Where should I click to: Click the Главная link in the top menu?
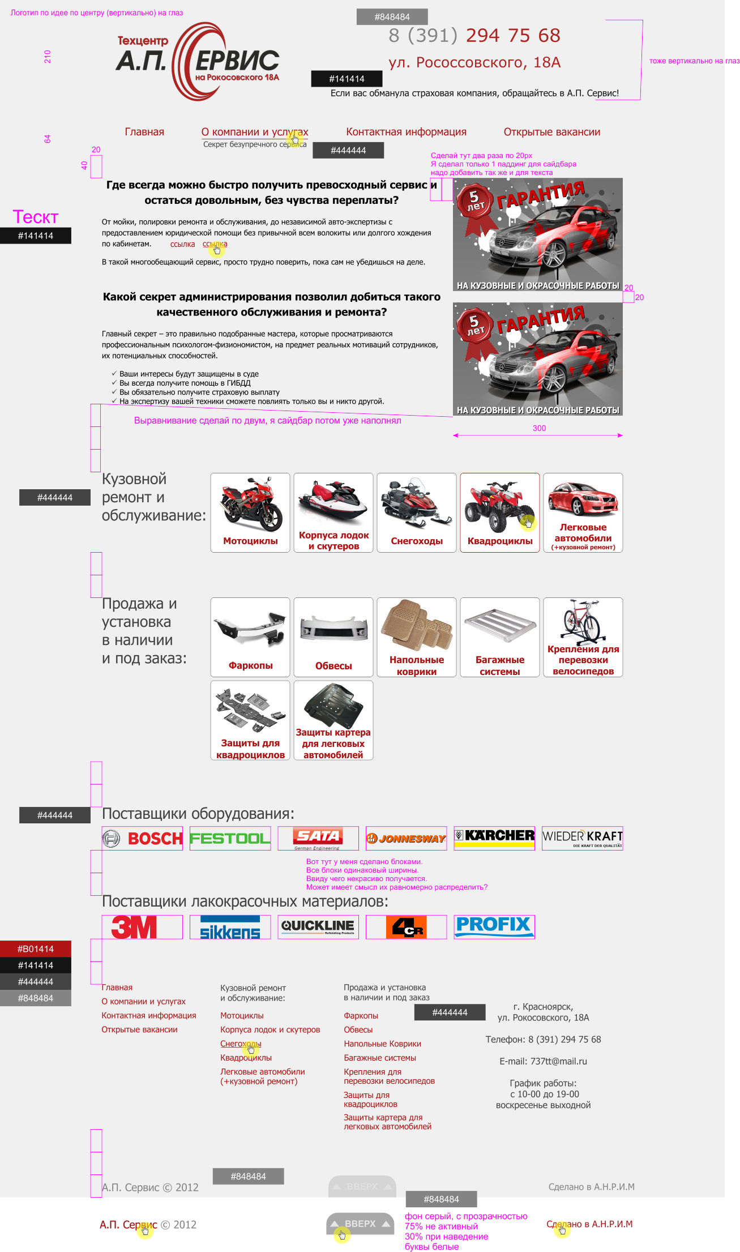144,132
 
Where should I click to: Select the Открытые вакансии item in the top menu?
551,132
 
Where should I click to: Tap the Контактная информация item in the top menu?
406,132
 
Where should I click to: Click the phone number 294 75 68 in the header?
512,36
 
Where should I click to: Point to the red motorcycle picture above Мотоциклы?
250,504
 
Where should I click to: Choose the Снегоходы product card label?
417,541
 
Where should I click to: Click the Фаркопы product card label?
250,665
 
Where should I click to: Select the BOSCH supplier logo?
143,838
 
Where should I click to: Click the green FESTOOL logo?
230,838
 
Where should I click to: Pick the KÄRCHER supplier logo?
494,837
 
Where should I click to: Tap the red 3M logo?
134,927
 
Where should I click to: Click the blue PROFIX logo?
494,926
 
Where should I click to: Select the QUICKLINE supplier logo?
318,926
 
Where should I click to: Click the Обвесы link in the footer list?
358,1029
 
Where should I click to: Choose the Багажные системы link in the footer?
379,1058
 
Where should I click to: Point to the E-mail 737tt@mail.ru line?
543,1061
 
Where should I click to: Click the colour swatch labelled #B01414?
36,949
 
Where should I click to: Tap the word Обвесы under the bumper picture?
333,666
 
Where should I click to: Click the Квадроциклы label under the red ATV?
500,541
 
